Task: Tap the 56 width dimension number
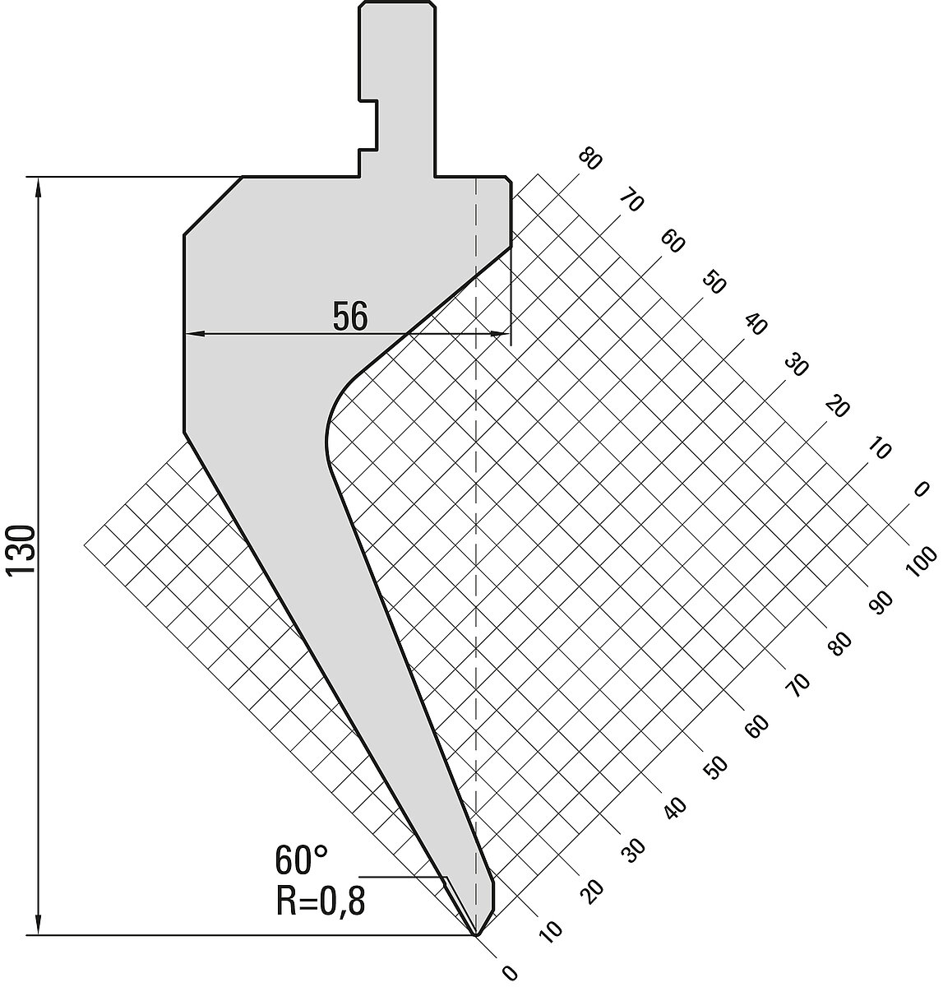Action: click(x=350, y=316)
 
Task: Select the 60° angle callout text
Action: click(x=301, y=860)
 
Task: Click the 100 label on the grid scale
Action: click(x=921, y=562)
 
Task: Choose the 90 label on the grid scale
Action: click(x=881, y=603)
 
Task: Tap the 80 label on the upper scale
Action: click(x=590, y=159)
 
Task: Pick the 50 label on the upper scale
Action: click(x=714, y=283)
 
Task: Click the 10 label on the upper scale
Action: click(x=879, y=448)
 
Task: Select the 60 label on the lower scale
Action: click(x=757, y=726)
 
